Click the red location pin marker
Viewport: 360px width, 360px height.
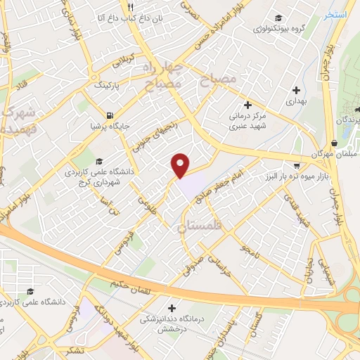pyautogui.click(x=181, y=165)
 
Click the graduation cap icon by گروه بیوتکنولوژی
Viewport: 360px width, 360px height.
pyautogui.click(x=279, y=18)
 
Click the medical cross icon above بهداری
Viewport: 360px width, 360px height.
pyautogui.click(x=296, y=90)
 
